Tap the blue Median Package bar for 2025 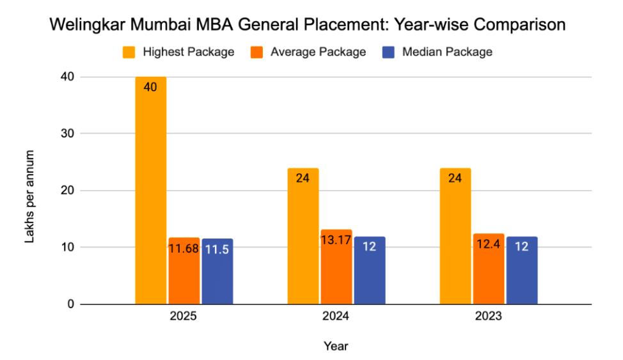[x=217, y=272]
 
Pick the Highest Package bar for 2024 [x=303, y=236]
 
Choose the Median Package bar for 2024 [x=370, y=270]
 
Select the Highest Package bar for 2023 [x=455, y=236]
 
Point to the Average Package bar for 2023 [x=489, y=269]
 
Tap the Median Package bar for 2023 [x=522, y=270]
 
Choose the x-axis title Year [x=336, y=346]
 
